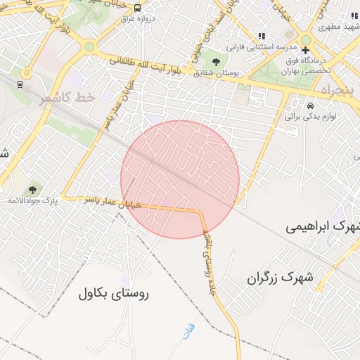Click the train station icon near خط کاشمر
[x=20, y=85]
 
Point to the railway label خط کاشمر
[x=67, y=98]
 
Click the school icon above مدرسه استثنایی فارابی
[x=262, y=36]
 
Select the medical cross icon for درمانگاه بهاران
[x=305, y=50]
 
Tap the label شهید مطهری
[x=338, y=27]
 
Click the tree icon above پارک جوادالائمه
[x=32, y=190]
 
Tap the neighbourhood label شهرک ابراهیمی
[x=323, y=228]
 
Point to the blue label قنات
[x=187, y=332]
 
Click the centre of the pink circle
[x=180, y=179]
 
